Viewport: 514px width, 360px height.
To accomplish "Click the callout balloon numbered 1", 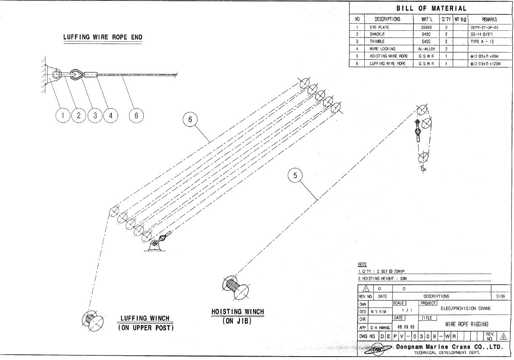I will click(63, 115).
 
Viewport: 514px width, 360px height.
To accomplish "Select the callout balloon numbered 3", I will click(95, 115).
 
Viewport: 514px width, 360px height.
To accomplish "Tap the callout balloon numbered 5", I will click(295, 176).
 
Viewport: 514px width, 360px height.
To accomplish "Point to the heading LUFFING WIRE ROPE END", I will click(103, 37).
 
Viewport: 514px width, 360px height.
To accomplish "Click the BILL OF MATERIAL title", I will click(431, 8).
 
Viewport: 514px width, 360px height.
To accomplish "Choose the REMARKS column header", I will click(489, 19).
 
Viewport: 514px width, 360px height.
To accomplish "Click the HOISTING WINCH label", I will click(237, 312).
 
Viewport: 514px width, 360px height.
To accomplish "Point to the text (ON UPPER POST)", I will click(145, 328).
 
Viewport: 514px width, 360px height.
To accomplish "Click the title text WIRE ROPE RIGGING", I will click(467, 324).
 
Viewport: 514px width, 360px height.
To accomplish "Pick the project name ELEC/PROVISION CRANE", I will click(466, 308).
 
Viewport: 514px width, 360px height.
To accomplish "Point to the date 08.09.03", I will click(406, 327).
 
